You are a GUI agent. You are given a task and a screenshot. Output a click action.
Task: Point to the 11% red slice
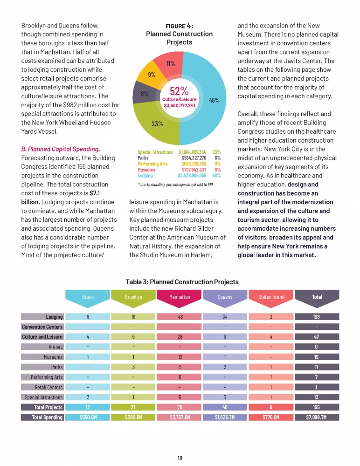(171, 63)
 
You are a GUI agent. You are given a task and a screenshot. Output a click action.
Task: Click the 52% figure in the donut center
(179, 91)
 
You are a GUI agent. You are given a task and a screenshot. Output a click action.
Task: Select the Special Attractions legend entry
(155, 152)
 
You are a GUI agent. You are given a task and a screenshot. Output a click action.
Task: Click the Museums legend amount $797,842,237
(194, 170)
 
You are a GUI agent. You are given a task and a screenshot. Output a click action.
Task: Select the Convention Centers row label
(42, 327)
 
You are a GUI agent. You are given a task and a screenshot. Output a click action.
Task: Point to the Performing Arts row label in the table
(47, 377)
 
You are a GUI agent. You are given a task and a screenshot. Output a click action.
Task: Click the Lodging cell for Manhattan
(180, 317)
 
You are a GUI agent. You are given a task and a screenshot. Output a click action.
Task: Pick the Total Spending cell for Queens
(225, 417)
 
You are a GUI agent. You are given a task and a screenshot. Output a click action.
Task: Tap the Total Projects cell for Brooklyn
(133, 407)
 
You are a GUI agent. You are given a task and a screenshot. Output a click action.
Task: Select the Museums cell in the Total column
(317, 357)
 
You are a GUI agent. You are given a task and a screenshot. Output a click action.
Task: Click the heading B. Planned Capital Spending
(61, 149)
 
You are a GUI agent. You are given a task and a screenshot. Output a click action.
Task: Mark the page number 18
(180, 458)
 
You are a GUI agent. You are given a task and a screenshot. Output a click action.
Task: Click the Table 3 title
(182, 282)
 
